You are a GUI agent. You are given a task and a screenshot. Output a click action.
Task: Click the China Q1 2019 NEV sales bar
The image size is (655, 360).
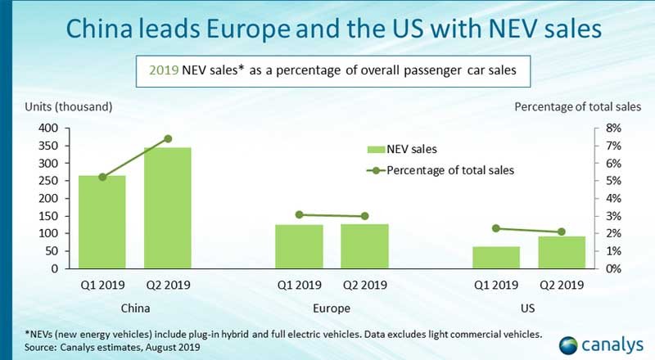[x=102, y=222]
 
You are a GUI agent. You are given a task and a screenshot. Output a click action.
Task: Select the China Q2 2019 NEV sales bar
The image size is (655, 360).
[x=168, y=208]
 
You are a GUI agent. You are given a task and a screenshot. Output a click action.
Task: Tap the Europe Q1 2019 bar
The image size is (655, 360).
[x=299, y=246]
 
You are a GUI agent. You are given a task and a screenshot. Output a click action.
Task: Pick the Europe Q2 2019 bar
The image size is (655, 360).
[x=364, y=246]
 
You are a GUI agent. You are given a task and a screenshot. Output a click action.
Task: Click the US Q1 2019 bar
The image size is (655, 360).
[x=496, y=257]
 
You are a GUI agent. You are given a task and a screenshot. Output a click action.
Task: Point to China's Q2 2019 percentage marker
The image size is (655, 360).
[x=168, y=138]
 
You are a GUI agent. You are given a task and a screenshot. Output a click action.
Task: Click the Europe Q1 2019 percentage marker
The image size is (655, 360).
[x=299, y=214]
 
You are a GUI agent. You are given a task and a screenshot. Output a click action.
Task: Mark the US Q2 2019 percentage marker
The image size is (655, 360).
[x=562, y=232]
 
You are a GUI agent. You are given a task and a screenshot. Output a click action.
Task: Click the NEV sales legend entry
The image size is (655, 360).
[x=401, y=149]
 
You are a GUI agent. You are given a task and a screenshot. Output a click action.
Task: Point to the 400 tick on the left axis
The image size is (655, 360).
[x=50, y=128]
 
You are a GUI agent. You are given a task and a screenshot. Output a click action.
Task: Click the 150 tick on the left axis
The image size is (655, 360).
[x=50, y=216]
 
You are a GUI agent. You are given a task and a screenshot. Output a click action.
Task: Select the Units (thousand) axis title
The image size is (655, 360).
[x=67, y=106]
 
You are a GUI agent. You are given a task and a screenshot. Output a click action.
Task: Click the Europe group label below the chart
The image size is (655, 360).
[x=331, y=308]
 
